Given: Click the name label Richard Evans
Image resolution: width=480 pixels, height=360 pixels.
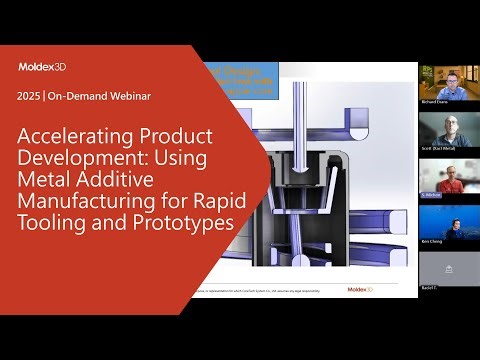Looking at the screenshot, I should [x=436, y=103].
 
